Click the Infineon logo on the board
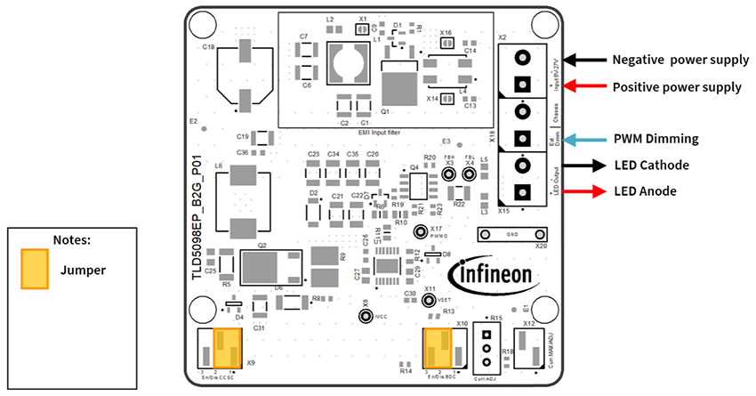(492, 272)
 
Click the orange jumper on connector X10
(438, 346)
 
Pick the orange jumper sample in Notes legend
(35, 268)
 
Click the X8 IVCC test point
(365, 317)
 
